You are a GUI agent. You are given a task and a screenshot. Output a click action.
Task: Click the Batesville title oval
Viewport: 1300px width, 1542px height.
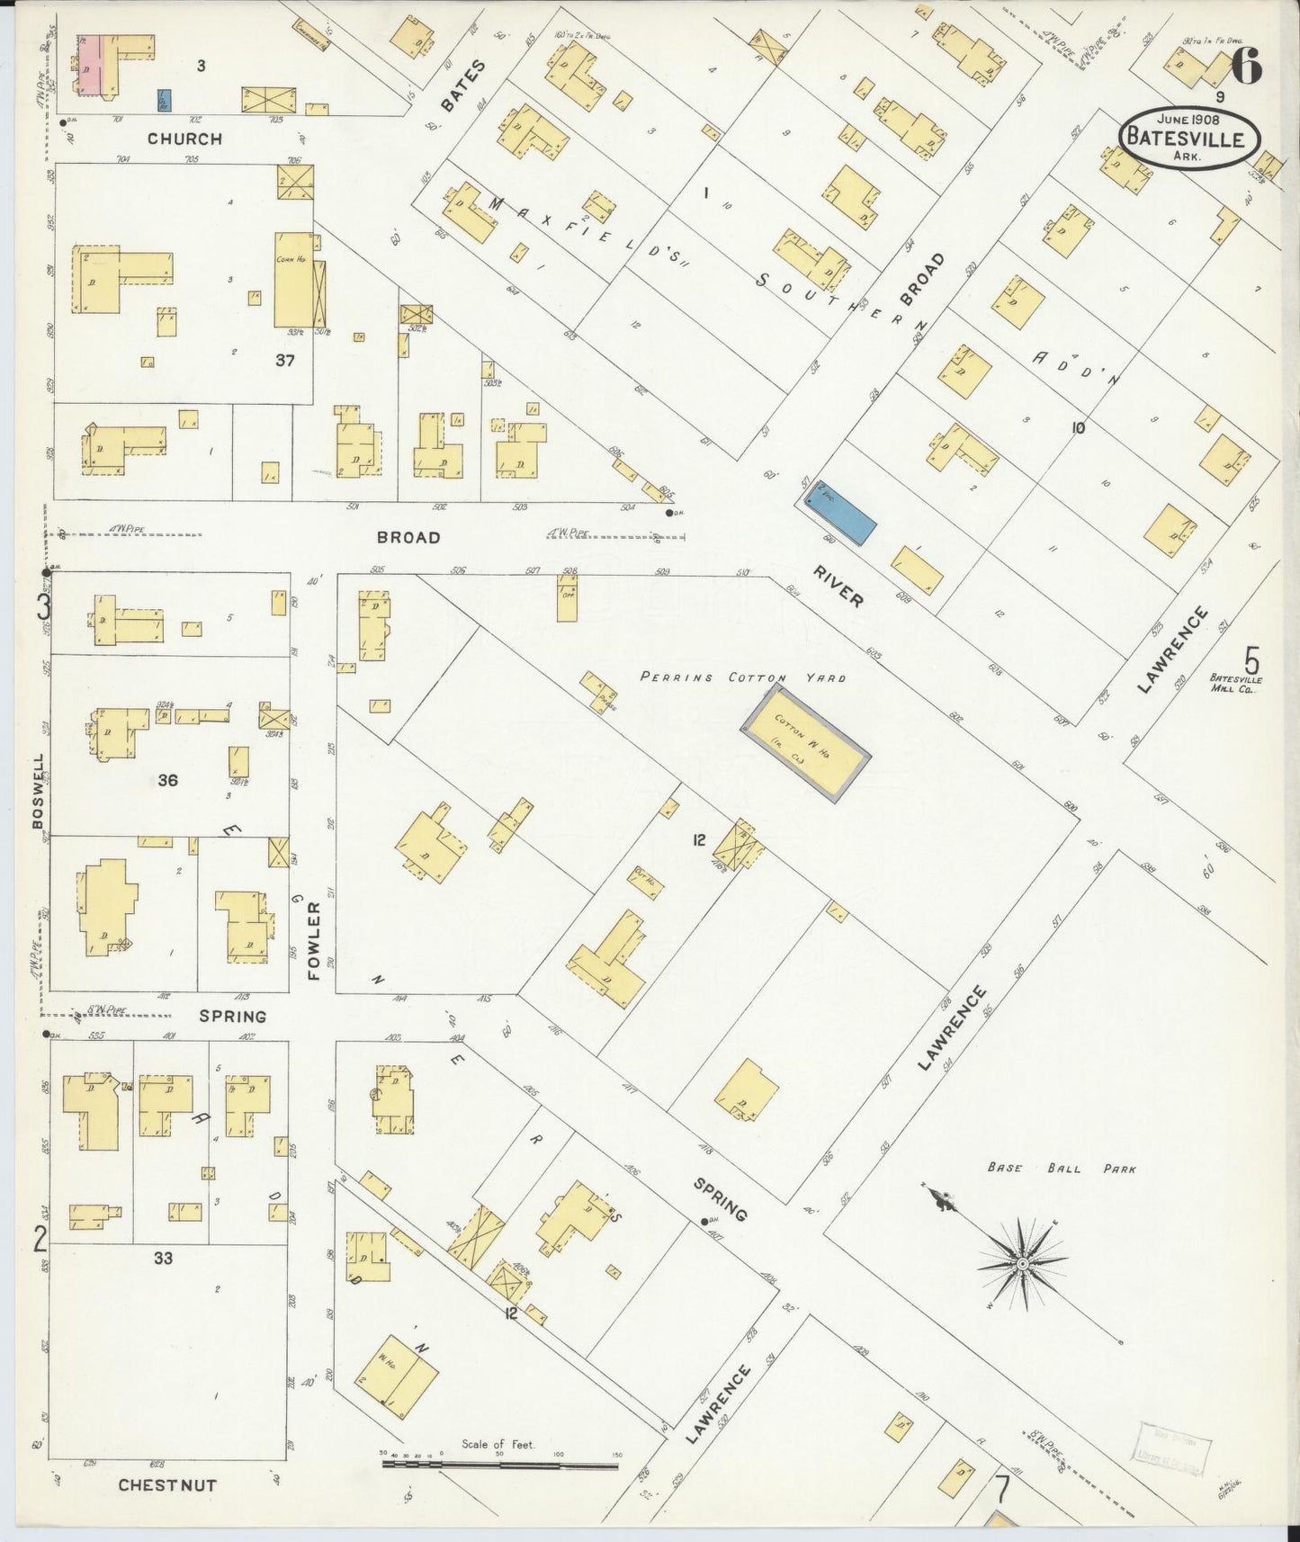pos(1188,138)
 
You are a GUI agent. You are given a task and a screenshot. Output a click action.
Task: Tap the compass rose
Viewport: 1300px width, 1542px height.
pos(1022,1264)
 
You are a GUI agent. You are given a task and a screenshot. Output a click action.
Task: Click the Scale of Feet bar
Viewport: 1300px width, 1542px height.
pos(500,1465)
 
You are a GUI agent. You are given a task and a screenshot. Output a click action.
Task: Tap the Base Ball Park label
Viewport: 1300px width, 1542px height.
pos(1061,1169)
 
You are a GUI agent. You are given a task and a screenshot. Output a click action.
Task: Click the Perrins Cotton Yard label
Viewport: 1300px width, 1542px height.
pos(743,677)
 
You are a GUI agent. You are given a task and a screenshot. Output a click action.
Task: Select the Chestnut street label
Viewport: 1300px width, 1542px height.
pos(167,1484)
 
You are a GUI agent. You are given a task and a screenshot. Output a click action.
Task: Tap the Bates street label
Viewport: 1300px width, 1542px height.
pos(463,85)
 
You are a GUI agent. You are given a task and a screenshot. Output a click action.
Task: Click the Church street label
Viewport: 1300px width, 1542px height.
pos(184,139)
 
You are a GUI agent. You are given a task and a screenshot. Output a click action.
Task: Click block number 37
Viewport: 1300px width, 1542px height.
pos(285,360)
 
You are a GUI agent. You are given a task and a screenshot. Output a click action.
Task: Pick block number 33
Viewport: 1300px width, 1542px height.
pos(162,1258)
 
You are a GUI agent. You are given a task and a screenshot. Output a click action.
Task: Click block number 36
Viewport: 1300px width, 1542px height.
pos(167,780)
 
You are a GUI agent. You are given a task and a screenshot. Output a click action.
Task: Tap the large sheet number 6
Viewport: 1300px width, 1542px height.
pos(1245,66)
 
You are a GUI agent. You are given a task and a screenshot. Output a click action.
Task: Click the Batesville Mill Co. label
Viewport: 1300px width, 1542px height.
pos(1235,683)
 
